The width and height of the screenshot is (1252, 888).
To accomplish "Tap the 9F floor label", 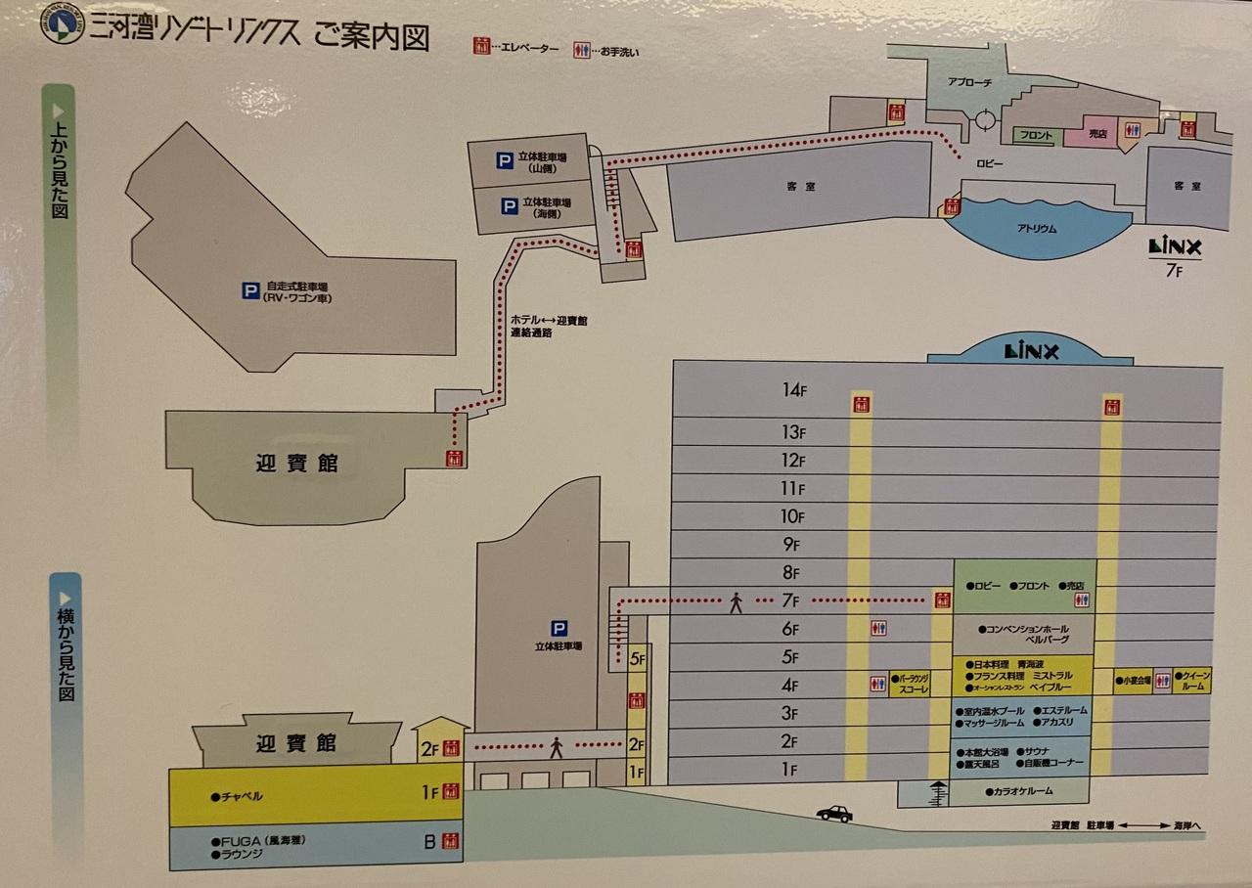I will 790,545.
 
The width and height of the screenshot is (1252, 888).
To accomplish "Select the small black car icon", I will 833,814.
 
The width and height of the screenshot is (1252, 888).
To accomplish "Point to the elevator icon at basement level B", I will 450,840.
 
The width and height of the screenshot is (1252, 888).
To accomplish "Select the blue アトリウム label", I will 1036,229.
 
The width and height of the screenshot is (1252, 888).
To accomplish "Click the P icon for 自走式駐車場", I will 251,290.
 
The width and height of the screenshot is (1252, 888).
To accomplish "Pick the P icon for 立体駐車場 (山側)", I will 505,160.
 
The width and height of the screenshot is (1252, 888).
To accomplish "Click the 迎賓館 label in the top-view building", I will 290,463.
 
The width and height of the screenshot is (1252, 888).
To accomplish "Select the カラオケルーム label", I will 1023,791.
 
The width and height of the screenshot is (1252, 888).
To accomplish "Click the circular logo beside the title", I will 63,25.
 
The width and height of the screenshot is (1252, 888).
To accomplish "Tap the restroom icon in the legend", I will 582,48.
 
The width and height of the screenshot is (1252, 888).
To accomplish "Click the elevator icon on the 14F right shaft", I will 1111,406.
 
